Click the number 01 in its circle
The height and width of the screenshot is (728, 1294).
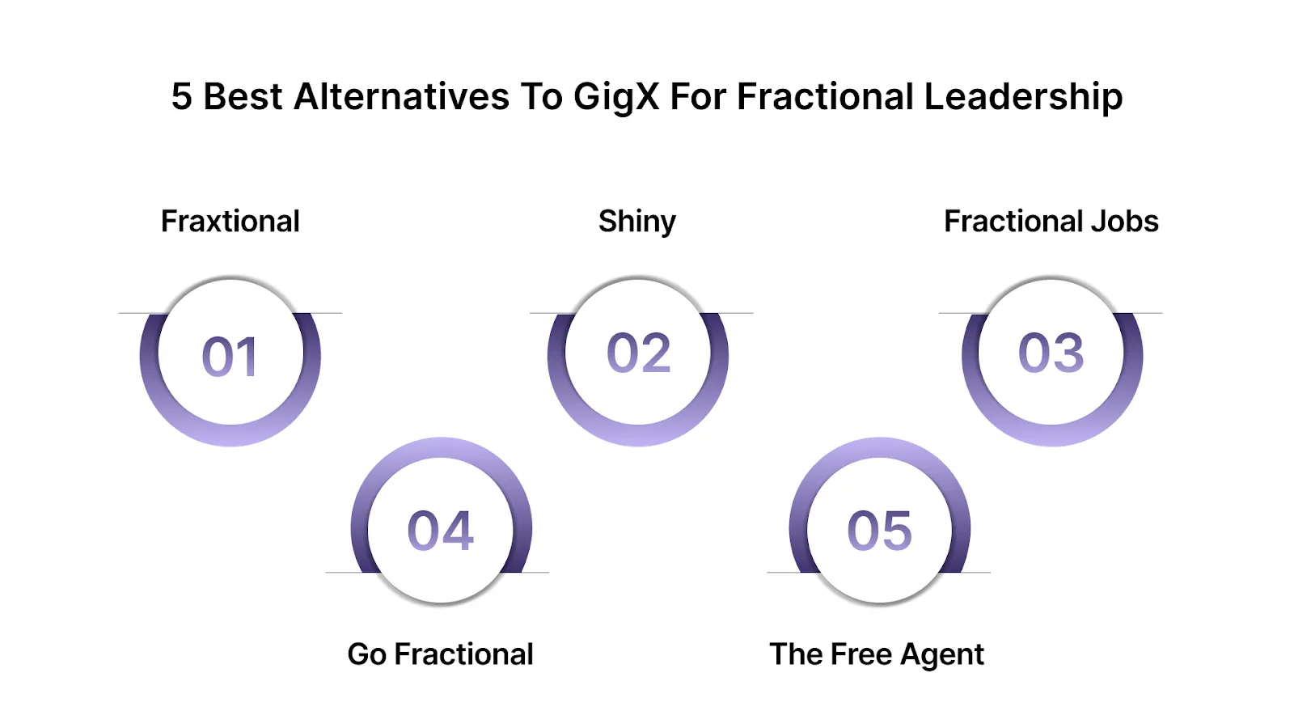pyautogui.click(x=230, y=357)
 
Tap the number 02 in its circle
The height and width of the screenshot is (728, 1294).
pyautogui.click(x=639, y=353)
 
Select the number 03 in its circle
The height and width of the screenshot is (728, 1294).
pyautogui.click(x=1051, y=353)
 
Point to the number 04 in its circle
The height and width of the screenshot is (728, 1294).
pyautogui.click(x=441, y=531)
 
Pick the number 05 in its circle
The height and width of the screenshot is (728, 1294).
pyautogui.click(x=879, y=531)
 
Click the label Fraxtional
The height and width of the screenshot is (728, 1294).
pyautogui.click(x=230, y=221)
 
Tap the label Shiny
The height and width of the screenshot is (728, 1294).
pyautogui.click(x=637, y=222)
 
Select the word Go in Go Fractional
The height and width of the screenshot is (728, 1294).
pyautogui.click(x=367, y=654)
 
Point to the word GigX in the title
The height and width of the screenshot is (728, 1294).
pyautogui.click(x=616, y=97)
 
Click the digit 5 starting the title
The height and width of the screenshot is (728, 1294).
pyautogui.click(x=181, y=97)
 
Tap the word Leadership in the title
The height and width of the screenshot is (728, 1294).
pyautogui.click(x=1023, y=97)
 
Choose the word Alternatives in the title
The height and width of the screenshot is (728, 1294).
pyautogui.click(x=401, y=97)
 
